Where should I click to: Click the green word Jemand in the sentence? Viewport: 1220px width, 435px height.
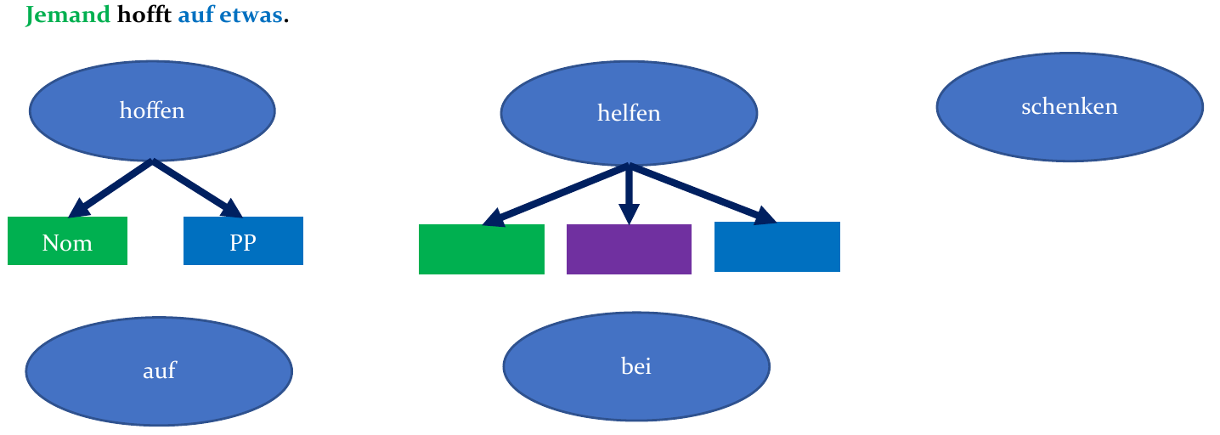(68, 15)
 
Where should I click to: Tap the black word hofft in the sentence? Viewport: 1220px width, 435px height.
(144, 15)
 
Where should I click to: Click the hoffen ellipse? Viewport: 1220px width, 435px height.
(152, 110)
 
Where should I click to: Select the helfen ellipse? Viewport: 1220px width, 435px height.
(628, 113)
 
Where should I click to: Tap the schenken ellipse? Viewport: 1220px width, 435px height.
(1069, 106)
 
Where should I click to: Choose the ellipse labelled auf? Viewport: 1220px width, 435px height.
(159, 370)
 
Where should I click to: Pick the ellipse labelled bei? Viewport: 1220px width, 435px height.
(635, 366)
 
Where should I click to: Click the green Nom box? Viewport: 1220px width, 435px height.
(67, 241)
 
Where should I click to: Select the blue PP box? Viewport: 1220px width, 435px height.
(243, 241)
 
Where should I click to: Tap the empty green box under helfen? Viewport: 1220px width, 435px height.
(481, 249)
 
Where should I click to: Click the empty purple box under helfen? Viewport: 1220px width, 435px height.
(629, 249)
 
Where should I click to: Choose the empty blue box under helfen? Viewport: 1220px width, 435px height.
(777, 247)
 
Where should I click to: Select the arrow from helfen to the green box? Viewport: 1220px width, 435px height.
(556, 194)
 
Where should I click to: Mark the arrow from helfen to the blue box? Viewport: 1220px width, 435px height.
(701, 194)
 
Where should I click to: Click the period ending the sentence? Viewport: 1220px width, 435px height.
(286, 20)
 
